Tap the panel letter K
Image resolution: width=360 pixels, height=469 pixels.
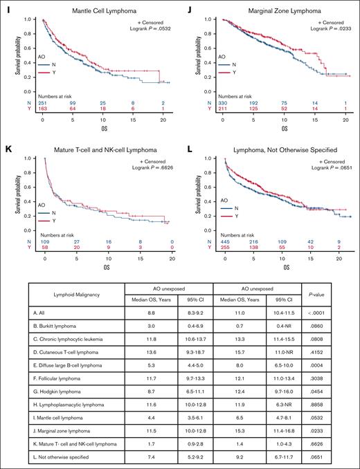point(6,149)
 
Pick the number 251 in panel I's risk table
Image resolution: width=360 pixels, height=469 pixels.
point(43,121)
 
